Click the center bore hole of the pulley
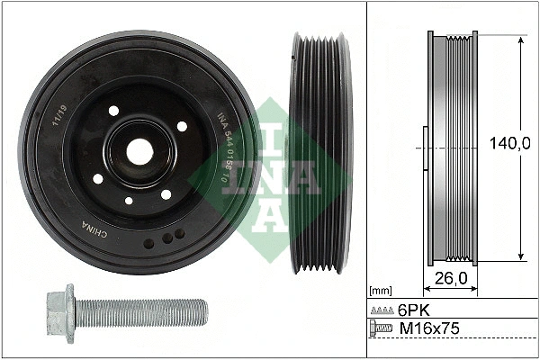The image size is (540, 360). click(x=139, y=151)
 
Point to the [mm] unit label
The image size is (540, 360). click(x=382, y=290)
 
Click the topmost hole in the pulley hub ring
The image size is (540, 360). click(x=114, y=110)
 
